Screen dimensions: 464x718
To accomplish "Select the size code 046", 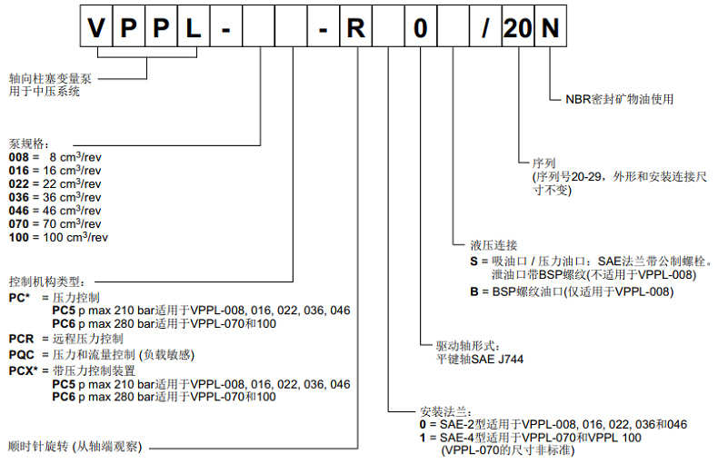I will pyautogui.click(x=19, y=210).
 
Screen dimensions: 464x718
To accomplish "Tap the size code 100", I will pyautogui.click(x=19, y=237).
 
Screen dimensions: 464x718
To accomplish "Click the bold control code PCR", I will pyautogui.click(x=22, y=338).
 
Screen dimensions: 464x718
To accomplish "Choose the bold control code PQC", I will pyautogui.click(x=22, y=353).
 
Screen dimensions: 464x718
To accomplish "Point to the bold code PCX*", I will pyautogui.click(x=24, y=370).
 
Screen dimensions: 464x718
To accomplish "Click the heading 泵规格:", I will pyautogui.click(x=28, y=143).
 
